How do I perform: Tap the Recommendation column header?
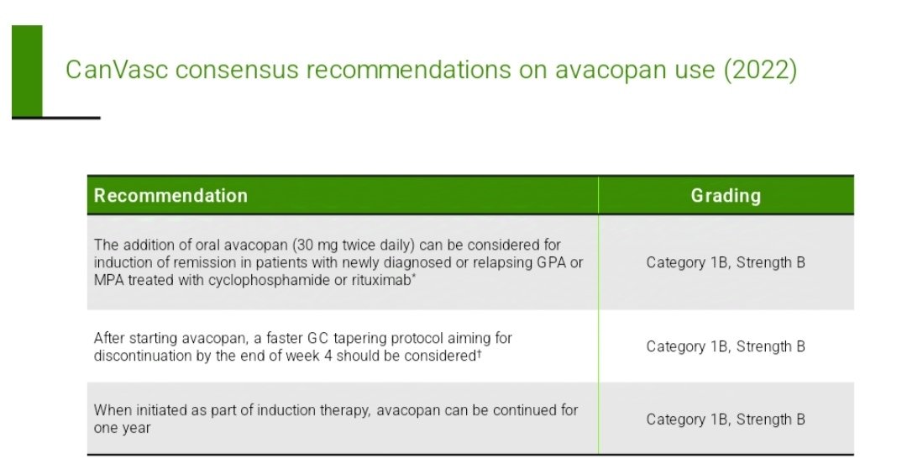point(170,196)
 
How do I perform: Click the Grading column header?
point(726,196)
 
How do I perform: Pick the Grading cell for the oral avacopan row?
point(726,262)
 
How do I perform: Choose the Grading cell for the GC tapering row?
point(726,346)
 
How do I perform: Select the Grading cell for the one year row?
point(726,420)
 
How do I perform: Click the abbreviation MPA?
point(108,278)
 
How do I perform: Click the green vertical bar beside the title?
point(27,71)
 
